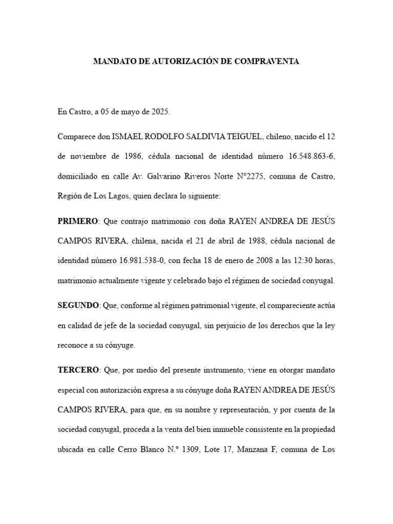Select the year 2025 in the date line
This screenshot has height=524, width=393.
(x=160, y=111)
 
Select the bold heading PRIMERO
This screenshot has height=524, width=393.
(x=78, y=221)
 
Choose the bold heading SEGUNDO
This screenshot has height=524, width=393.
(x=78, y=305)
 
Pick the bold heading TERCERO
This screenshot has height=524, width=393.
(x=78, y=369)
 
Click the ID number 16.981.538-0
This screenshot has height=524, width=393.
(x=140, y=261)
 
